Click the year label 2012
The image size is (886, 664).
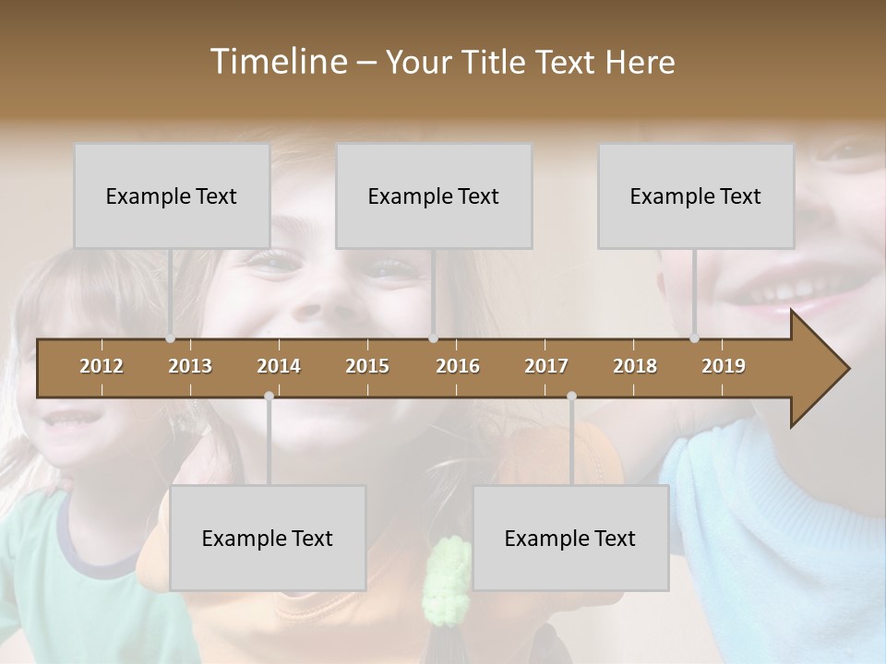(102, 366)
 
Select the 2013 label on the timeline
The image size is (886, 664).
(190, 366)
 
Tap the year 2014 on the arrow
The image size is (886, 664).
(279, 366)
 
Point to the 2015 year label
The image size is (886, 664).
(367, 366)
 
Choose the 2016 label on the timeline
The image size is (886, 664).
(458, 366)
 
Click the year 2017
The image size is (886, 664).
(546, 366)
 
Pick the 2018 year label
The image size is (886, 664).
(635, 366)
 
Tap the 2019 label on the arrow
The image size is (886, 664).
(724, 366)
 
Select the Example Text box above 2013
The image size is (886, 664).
(172, 196)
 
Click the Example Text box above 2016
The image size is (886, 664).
(434, 196)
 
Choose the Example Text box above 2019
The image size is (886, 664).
(696, 196)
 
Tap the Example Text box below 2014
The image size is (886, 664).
(268, 538)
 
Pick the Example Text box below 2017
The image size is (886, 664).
(570, 538)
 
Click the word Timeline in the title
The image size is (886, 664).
(277, 62)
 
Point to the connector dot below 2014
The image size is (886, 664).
(269, 396)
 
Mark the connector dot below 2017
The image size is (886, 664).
(571, 396)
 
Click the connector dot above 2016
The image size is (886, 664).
(434, 338)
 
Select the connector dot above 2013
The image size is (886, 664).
(171, 338)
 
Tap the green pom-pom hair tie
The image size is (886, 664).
(447, 576)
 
